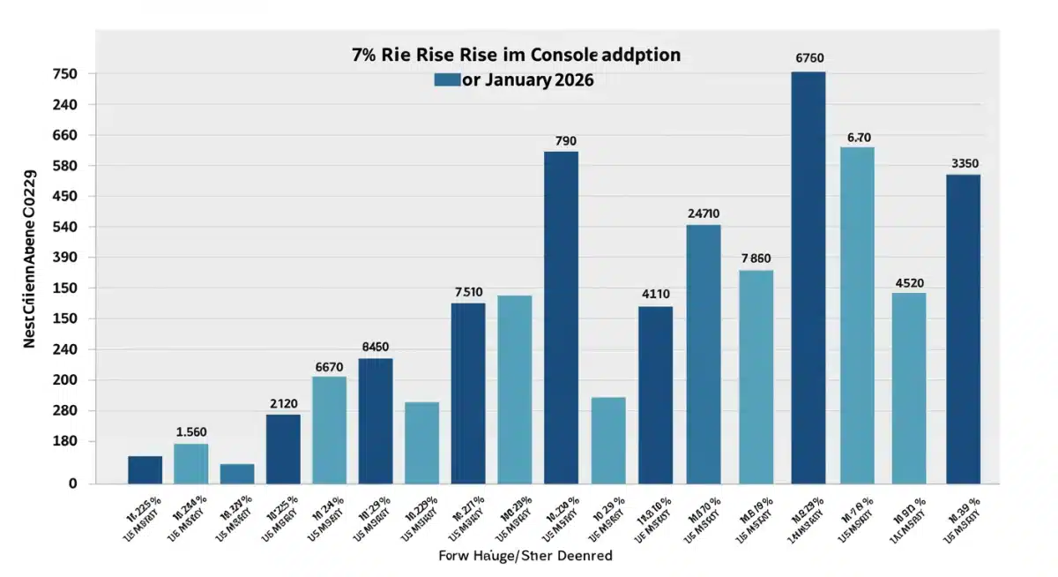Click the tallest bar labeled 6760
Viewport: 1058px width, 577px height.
(808, 277)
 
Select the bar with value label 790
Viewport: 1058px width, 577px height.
(561, 318)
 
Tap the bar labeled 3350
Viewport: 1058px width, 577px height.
(963, 328)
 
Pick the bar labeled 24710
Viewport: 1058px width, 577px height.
(704, 354)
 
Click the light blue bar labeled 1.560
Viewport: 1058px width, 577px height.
(190, 463)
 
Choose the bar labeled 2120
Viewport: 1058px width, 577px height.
(283, 448)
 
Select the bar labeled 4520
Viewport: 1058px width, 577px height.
(909, 387)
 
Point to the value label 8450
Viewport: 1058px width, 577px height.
(376, 347)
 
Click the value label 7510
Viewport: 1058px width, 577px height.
(468, 292)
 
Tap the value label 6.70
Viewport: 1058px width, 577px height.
(859, 138)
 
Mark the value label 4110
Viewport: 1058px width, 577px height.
(655, 295)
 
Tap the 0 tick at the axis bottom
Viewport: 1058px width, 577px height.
(73, 483)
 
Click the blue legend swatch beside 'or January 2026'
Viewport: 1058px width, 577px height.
(447, 79)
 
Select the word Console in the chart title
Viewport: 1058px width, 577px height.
(555, 55)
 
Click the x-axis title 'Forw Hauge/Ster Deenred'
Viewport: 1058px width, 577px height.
(525, 556)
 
